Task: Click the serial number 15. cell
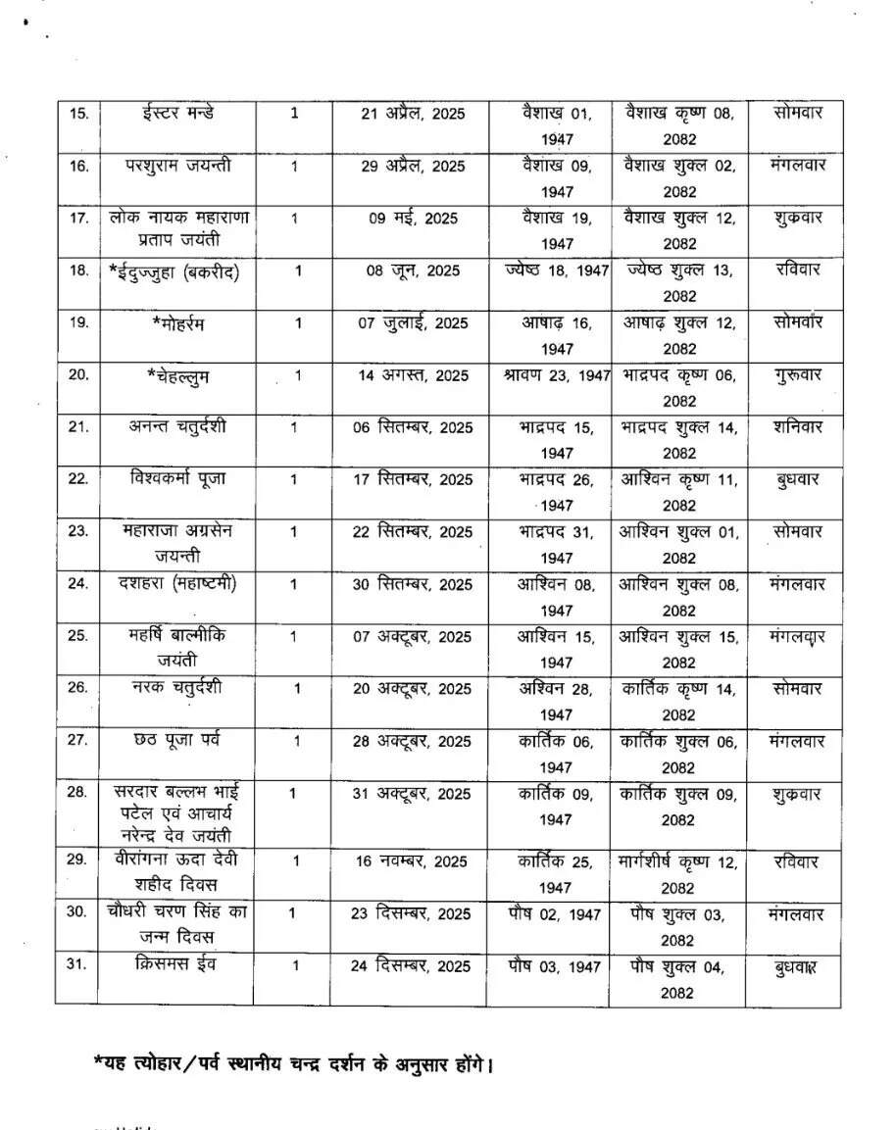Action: click(78, 113)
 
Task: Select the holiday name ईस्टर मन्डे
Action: click(177, 112)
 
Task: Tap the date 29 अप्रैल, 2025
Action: click(413, 166)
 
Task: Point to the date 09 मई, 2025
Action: click(413, 219)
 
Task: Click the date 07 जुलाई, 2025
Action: click(413, 322)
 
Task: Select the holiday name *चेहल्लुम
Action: click(177, 375)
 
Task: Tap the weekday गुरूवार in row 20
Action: click(795, 374)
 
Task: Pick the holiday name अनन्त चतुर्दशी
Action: click(177, 426)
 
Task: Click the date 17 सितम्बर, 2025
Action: click(413, 479)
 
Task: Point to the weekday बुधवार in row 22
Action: click(795, 479)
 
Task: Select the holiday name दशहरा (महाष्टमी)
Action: click(177, 584)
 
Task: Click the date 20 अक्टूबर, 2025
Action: click(413, 689)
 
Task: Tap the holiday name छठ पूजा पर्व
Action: click(177, 740)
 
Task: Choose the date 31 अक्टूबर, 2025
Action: click(413, 793)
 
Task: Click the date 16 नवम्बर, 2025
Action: click(413, 861)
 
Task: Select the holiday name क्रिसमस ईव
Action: click(177, 964)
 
